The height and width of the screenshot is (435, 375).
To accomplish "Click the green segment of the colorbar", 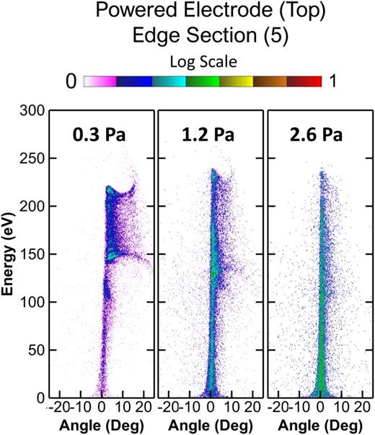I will coord(202,82).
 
